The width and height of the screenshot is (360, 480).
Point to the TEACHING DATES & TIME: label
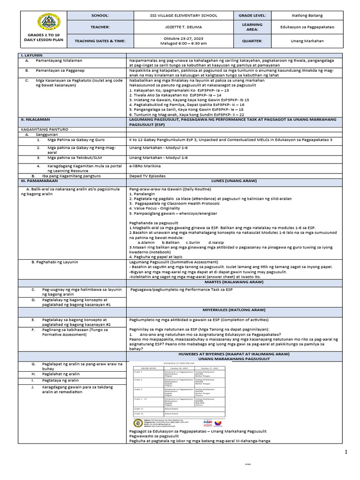(x=100, y=41)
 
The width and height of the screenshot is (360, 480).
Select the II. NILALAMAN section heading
(x=33, y=120)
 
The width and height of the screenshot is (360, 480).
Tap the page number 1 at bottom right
(x=346, y=452)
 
